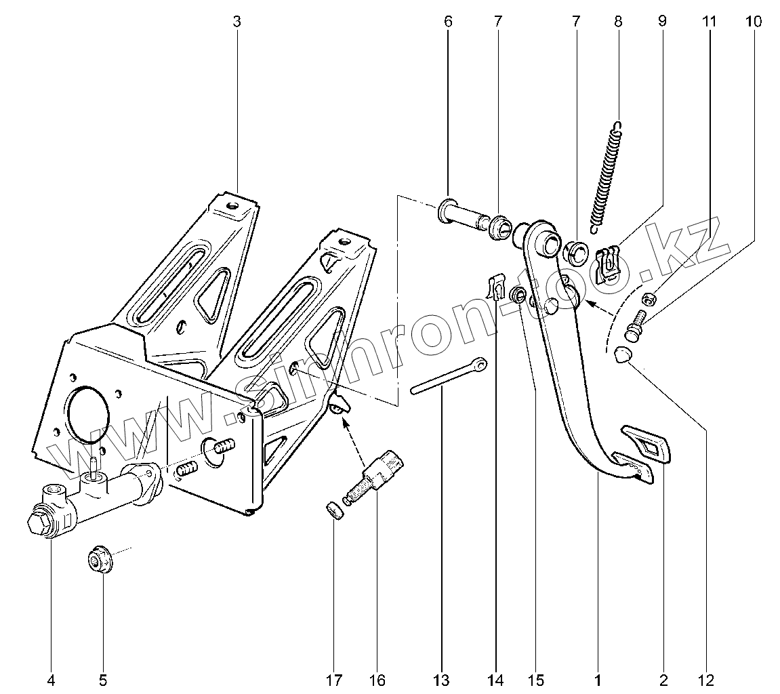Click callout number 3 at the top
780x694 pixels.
(x=237, y=22)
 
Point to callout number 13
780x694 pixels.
(x=441, y=679)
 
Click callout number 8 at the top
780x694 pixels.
(x=618, y=22)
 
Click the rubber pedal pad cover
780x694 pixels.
(x=646, y=444)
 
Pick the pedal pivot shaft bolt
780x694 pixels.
(x=467, y=216)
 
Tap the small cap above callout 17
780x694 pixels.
(x=333, y=510)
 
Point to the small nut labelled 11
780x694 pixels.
(x=647, y=298)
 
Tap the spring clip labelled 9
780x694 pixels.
(x=608, y=264)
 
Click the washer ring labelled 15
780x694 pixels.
(x=518, y=294)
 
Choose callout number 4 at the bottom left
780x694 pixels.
(x=51, y=679)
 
